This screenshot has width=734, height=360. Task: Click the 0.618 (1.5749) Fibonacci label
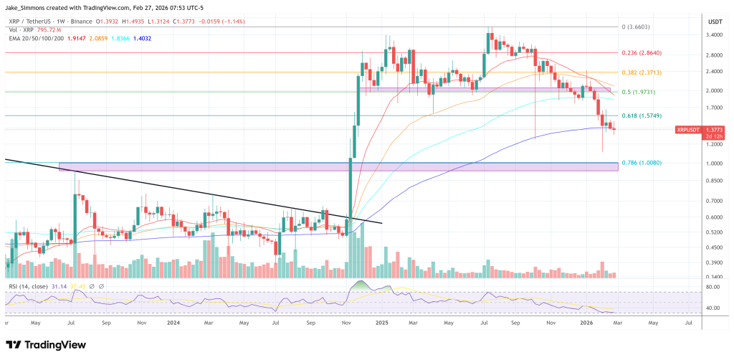click(x=642, y=115)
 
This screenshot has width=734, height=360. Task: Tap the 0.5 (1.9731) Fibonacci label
click(x=639, y=92)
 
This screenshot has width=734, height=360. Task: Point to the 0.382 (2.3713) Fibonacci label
click(x=642, y=72)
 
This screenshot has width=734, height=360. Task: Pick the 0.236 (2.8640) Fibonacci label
click(x=642, y=53)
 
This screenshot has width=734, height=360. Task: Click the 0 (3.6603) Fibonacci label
click(x=637, y=27)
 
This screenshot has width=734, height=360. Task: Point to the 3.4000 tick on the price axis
click(x=714, y=34)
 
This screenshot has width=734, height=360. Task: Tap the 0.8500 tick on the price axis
click(x=714, y=181)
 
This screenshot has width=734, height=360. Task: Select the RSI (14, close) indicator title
click(x=33, y=286)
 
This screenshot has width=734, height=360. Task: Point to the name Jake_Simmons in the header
click(x=25, y=7)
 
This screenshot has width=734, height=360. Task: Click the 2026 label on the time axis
click(x=587, y=324)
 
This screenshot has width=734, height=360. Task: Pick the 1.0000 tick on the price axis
click(x=714, y=163)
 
